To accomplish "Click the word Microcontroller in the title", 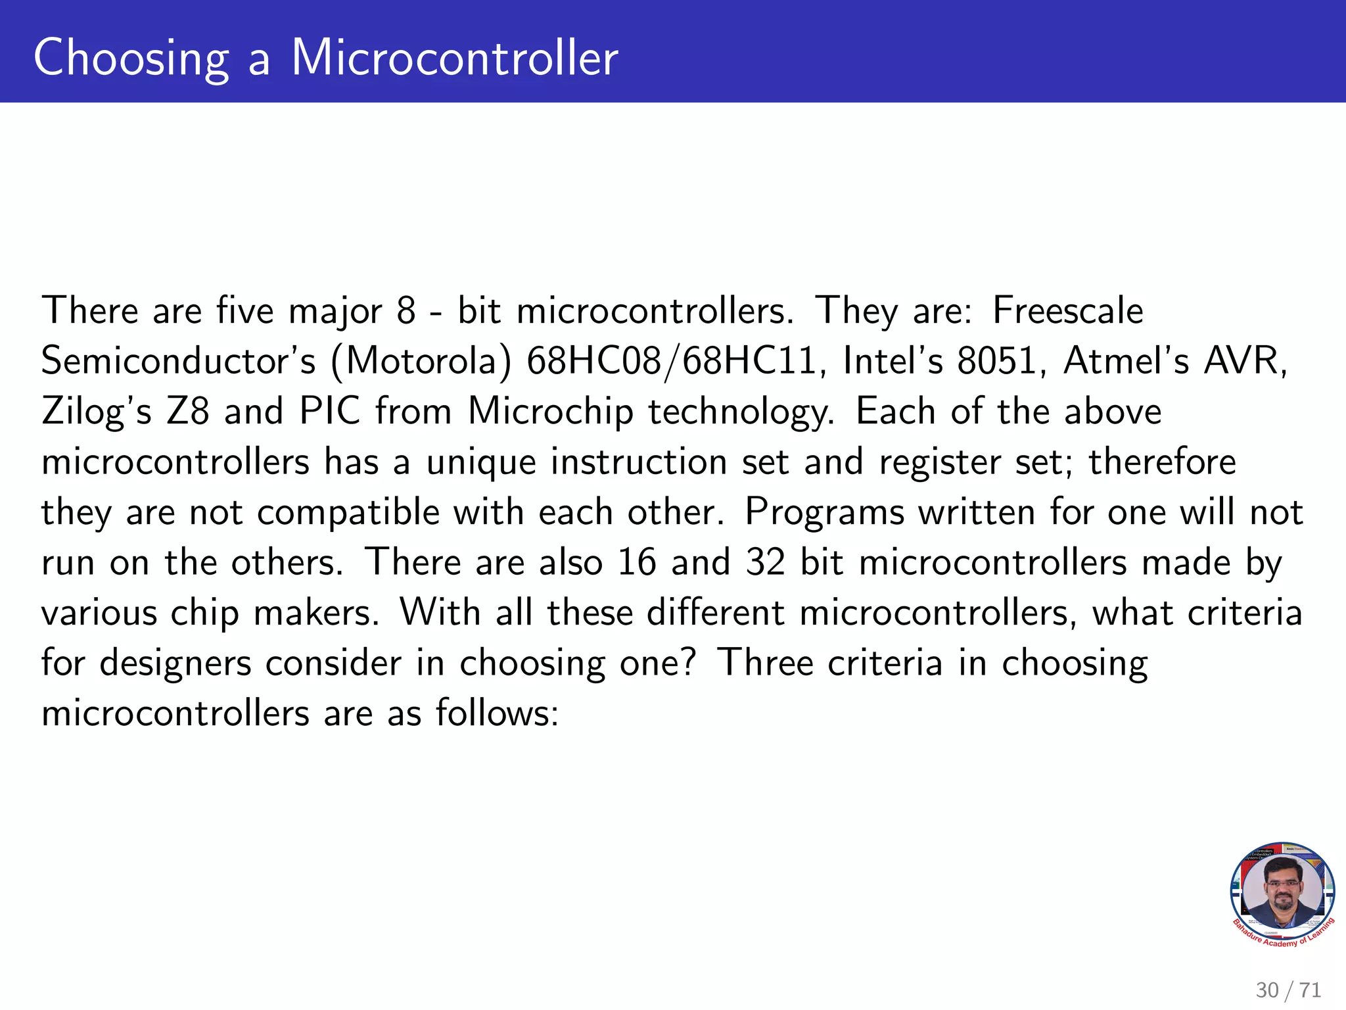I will (x=454, y=58).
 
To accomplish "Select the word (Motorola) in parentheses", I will (x=421, y=361).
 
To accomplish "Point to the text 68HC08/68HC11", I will (x=671, y=361).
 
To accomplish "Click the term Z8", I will (x=187, y=412).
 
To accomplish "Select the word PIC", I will (x=329, y=412).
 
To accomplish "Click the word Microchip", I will (x=550, y=412).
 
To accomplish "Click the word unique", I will (x=481, y=462).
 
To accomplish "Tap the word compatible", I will (x=348, y=513).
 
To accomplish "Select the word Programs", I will (x=824, y=513).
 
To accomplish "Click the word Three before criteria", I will (x=765, y=663).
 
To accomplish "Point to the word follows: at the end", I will (x=497, y=713).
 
